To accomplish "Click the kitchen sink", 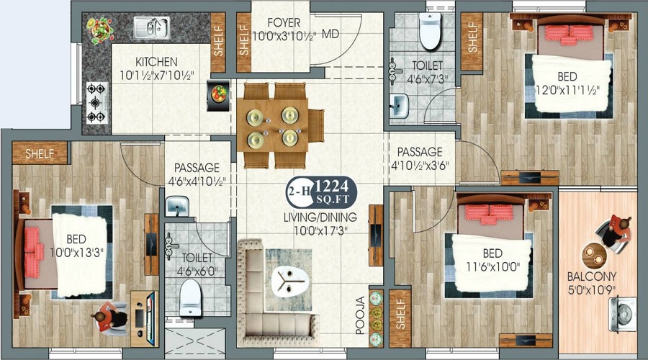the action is click(x=152, y=27).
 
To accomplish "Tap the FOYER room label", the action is click(x=284, y=22).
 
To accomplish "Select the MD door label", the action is click(x=330, y=34).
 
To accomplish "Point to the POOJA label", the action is click(x=361, y=315).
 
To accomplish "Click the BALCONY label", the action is click(x=592, y=276).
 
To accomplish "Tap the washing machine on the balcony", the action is click(x=623, y=314).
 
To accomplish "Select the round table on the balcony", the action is click(x=594, y=256).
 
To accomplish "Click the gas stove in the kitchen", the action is click(x=96, y=103).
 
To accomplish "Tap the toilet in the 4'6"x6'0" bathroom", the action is click(x=191, y=297).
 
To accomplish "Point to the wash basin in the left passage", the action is click(x=177, y=206).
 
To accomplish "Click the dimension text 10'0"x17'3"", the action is click(x=320, y=230).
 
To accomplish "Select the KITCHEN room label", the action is click(x=157, y=62).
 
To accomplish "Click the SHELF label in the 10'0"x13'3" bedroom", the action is click(x=40, y=154).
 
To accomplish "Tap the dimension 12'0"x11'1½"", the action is click(x=567, y=90).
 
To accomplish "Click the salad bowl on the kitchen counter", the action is click(x=99, y=30).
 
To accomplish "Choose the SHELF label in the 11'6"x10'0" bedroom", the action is click(x=400, y=314).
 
